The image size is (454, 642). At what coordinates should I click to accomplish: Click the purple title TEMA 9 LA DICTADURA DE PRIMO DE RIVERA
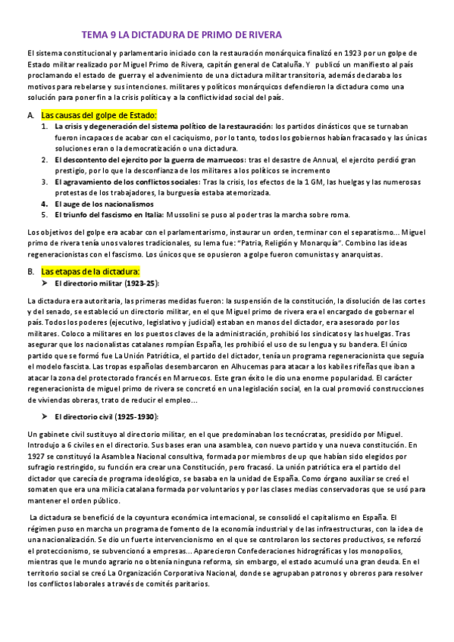tap(181, 35)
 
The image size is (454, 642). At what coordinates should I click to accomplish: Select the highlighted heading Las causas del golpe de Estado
tap(99, 114)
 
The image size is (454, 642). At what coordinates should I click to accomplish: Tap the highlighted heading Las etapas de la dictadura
tap(90, 270)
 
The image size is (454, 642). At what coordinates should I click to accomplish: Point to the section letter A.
tap(30, 114)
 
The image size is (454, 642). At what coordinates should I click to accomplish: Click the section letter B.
tap(30, 270)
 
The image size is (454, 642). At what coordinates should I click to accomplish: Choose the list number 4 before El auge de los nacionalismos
tap(45, 204)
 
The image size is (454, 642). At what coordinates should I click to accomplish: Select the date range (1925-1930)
tap(133, 417)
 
